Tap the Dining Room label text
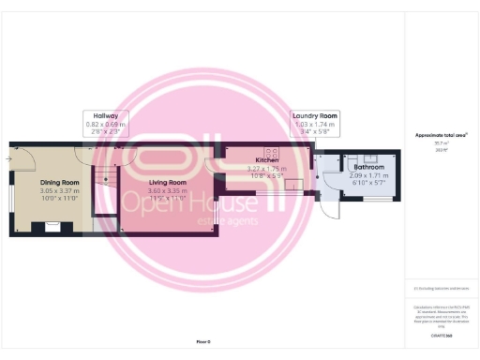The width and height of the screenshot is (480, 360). tap(59, 182)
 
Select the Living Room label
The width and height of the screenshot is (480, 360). tap(164, 182)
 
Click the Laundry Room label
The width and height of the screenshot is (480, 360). tap(315, 115)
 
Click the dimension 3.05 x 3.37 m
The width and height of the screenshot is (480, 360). tap(59, 190)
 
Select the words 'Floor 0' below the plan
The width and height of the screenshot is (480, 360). tap(203, 341)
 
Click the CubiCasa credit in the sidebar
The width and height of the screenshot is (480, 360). tap(441, 334)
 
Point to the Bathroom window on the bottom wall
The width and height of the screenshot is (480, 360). tap(375, 200)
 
